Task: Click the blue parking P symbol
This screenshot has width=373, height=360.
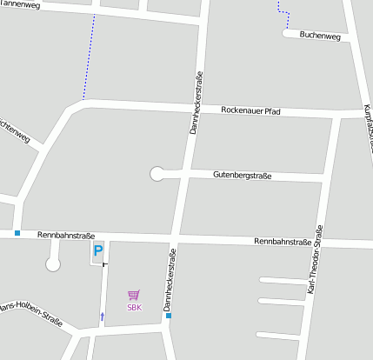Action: coord(98,251)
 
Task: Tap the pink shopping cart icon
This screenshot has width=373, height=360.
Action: coord(133,296)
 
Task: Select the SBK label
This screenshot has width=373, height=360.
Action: coord(134,307)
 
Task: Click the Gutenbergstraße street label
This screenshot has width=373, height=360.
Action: coord(242,176)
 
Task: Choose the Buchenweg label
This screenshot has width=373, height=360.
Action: coord(318,36)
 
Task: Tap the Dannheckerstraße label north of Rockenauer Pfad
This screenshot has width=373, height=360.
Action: coord(196,103)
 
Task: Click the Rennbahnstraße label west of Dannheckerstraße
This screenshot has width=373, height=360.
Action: coord(66,235)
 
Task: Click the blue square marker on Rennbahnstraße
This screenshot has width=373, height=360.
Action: coord(17,232)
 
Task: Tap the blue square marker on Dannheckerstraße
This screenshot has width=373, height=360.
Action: coord(169,315)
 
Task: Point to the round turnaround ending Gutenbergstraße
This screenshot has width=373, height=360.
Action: coord(157,174)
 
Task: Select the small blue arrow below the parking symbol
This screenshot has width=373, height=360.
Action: coord(102,316)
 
